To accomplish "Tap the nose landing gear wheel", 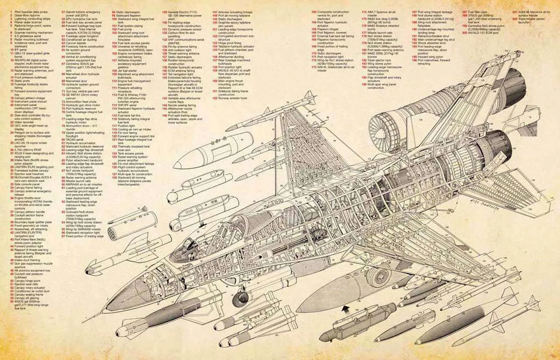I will pyautogui.click(x=240, y=299).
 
